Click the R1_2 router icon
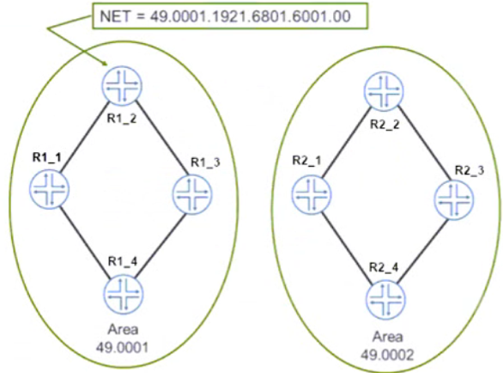[122, 86]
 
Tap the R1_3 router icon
[192, 194]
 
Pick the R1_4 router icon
[124, 295]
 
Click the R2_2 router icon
[384, 91]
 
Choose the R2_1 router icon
[312, 194]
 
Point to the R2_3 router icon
[454, 200]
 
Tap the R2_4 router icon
[386, 300]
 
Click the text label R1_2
[122, 119]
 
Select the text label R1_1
[47, 158]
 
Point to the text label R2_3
[470, 171]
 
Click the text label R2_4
[384, 267]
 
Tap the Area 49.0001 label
[122, 339]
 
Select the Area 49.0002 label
[387, 346]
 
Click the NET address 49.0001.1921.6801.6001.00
[251, 16]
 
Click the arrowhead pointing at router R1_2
[104, 63]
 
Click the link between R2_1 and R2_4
[348, 248]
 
